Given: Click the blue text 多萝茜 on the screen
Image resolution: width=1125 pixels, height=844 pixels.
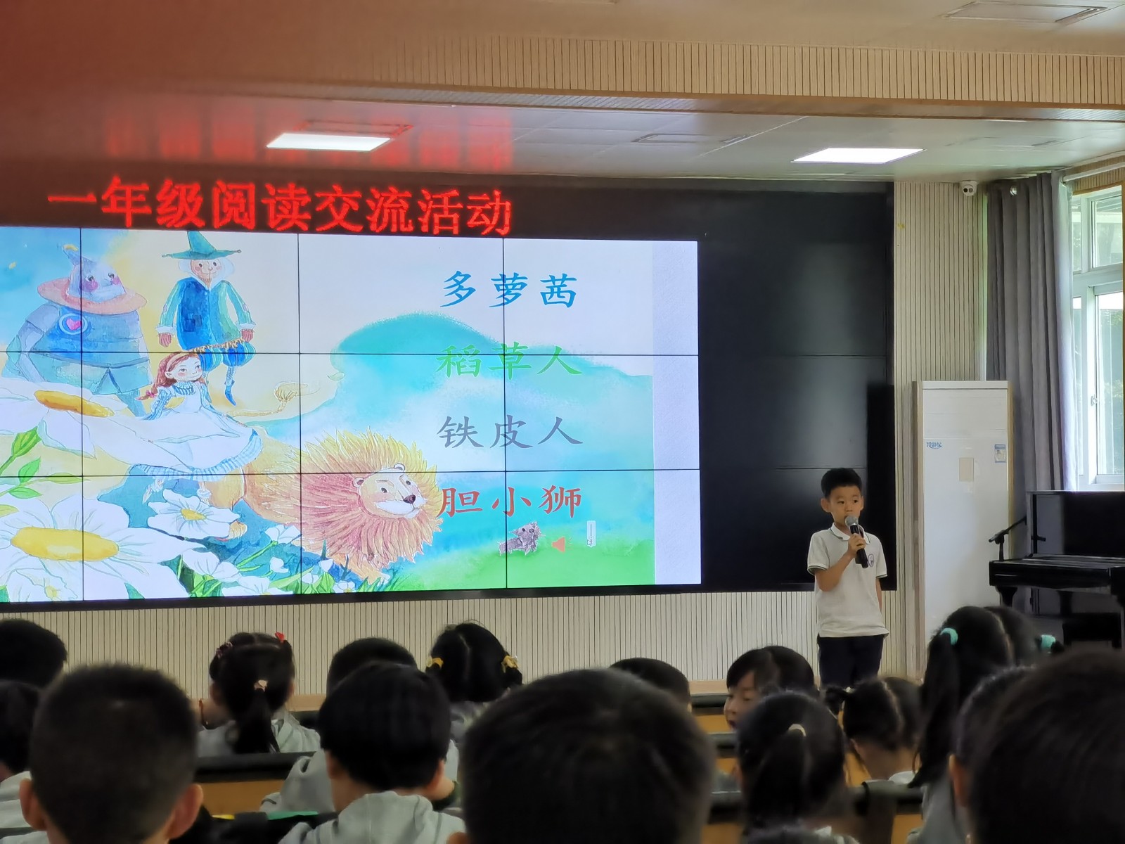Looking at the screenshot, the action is pos(510,290).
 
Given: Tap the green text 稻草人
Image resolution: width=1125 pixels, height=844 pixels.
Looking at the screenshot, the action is pos(508,363).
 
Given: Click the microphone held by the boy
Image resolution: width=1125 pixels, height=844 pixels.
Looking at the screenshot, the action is pos(856,539).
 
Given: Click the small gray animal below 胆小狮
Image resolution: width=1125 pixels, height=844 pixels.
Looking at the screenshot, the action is pos(519,539).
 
